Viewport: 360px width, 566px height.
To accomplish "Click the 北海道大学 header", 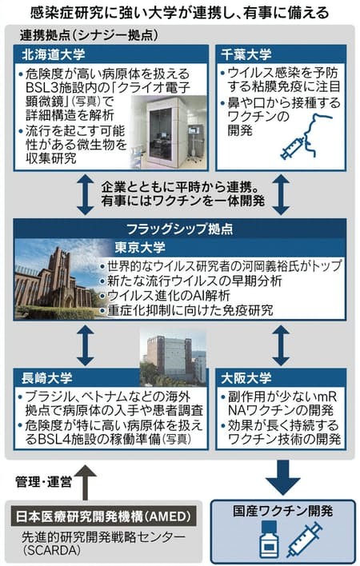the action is (53, 54).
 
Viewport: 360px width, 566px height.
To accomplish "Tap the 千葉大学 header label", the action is (246, 54).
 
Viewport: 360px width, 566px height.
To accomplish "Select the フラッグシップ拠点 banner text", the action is (180, 229).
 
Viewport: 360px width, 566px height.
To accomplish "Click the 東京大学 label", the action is (140, 248).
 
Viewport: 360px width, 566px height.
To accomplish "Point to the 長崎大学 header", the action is (47, 378).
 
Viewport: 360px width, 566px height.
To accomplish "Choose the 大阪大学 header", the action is (246, 378).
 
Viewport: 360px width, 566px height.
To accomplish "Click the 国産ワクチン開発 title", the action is (283, 511).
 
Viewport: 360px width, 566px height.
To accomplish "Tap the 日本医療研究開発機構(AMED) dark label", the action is (103, 516).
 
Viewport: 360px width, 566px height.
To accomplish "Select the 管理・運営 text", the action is (44, 482).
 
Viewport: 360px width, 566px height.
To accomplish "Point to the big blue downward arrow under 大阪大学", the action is (283, 477).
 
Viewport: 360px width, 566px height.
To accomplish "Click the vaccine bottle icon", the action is (269, 540).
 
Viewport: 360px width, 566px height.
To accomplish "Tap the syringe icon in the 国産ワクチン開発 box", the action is (304, 540).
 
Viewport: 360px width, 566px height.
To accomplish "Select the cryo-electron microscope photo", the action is (169, 132).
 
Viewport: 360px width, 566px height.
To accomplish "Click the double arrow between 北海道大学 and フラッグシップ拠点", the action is (86, 195).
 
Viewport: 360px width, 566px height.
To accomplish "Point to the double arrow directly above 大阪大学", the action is (281, 346).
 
